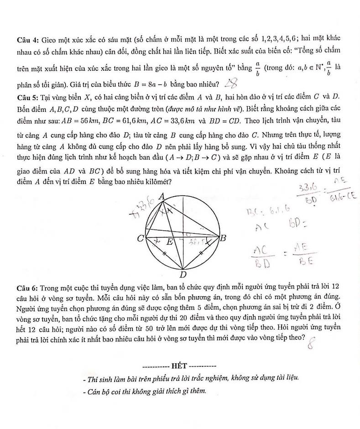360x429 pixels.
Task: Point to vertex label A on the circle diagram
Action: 162,196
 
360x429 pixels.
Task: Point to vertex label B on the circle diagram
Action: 224,238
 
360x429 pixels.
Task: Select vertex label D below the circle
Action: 182,274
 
